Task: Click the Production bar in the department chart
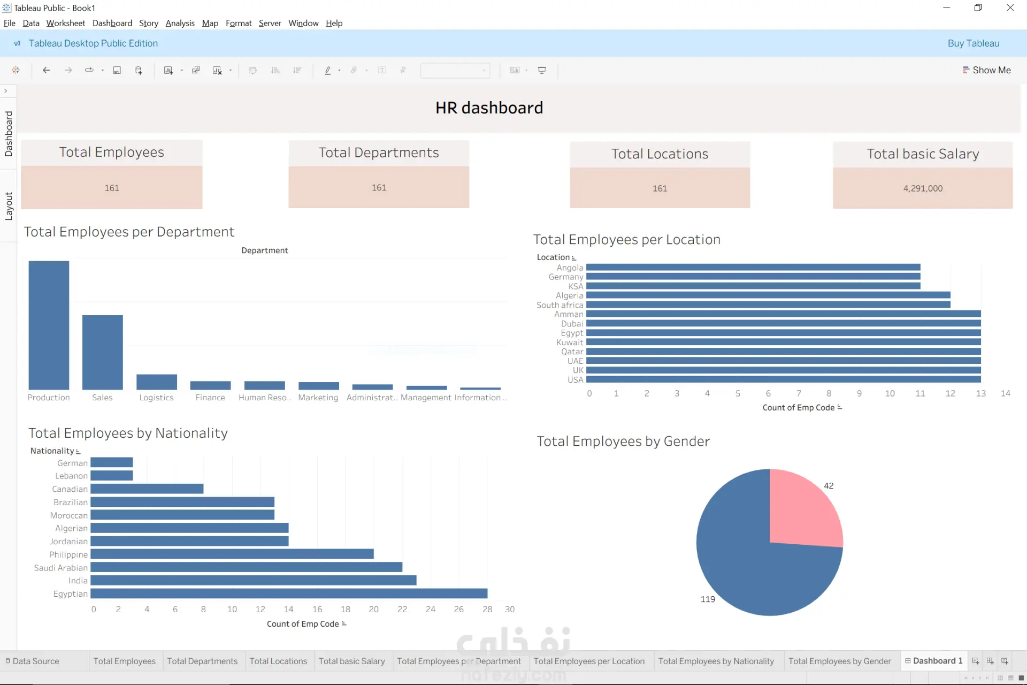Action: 49,325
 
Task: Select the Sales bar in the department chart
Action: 102,352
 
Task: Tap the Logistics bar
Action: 157,382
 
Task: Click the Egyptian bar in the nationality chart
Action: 289,593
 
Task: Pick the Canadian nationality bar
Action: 147,489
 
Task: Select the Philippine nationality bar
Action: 232,554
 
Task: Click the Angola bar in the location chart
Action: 753,267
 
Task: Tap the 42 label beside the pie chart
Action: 829,486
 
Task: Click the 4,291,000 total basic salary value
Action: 923,188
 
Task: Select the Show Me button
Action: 986,70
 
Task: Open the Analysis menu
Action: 180,23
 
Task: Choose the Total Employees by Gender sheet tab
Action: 839,661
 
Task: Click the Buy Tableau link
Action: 974,43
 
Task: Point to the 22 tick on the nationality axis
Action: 402,609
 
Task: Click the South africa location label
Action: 560,305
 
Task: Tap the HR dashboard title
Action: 489,108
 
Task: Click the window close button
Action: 1010,7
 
